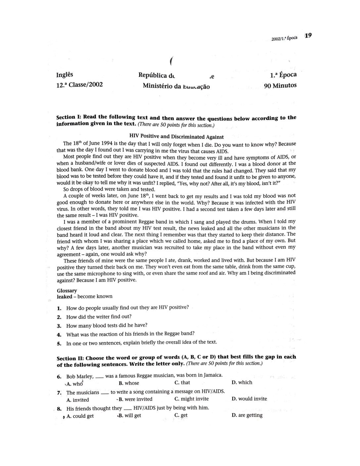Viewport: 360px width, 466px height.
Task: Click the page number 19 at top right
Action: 308,35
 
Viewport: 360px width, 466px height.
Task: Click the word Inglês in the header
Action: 65,75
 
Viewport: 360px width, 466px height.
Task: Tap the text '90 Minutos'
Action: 280,86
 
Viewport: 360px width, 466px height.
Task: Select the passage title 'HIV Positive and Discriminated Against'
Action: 176,136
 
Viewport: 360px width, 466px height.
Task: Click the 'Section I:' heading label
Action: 69,117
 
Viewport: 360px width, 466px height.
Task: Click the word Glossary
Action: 67,291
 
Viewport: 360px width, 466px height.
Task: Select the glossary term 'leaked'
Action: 64,297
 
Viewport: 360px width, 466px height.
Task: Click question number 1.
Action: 59,308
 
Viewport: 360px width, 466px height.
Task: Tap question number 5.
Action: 59,344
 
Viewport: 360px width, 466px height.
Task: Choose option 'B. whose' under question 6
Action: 129,383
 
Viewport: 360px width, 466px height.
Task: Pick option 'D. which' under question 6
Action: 242,383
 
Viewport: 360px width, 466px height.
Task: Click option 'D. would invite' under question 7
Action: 249,399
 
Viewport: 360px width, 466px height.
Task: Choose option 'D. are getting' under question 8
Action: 247,415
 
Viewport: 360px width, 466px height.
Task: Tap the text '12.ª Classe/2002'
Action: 80,85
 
